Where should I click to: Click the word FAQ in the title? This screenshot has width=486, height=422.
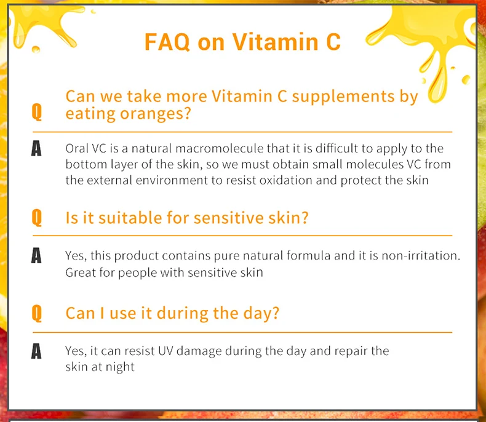167,42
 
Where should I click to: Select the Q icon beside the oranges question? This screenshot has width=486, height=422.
36,112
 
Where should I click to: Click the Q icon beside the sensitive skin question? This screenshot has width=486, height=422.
36,218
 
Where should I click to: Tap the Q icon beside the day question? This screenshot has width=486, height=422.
36,313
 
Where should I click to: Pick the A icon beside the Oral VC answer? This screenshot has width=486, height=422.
36,148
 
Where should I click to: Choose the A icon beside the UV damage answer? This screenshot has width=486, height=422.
36,351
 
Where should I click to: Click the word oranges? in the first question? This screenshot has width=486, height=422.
155,114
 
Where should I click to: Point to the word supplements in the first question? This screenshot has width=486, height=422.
343,97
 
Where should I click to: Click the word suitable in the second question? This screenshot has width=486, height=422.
130,218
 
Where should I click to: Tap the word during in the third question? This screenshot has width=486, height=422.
183,313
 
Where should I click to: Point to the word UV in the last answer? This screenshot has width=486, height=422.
165,351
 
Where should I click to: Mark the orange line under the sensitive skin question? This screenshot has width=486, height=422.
242,236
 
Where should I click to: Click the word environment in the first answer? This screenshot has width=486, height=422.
172,180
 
